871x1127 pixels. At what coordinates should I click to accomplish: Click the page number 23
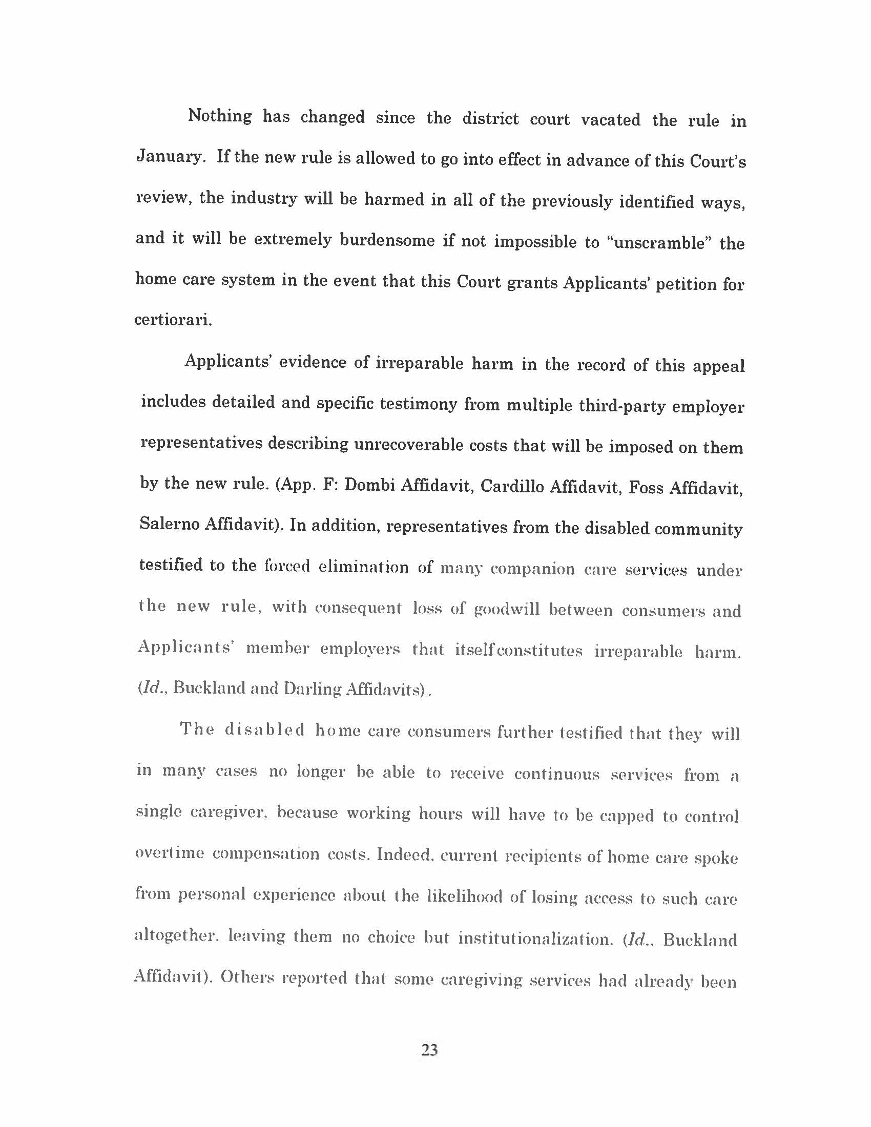pos(430,1050)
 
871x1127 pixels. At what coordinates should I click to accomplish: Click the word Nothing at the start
pos(220,116)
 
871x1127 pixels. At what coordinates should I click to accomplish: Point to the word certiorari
pos(173,321)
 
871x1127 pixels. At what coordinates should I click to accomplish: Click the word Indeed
pos(404,855)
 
